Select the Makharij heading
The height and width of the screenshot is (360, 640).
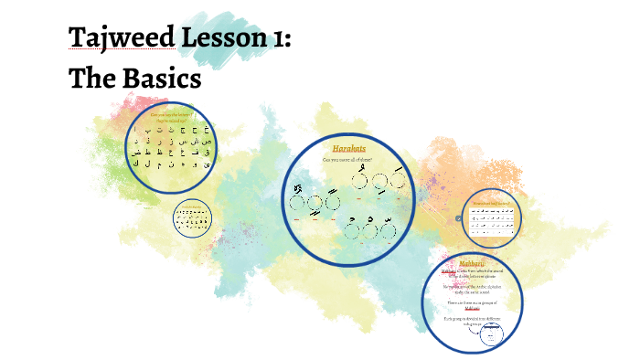click(x=485, y=263)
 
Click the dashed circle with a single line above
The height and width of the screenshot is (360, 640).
click(x=396, y=180)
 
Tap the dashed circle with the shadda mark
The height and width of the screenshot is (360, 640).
click(x=297, y=203)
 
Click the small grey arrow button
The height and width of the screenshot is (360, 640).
click(x=458, y=218)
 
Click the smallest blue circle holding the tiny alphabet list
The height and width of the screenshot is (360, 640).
click(x=192, y=218)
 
